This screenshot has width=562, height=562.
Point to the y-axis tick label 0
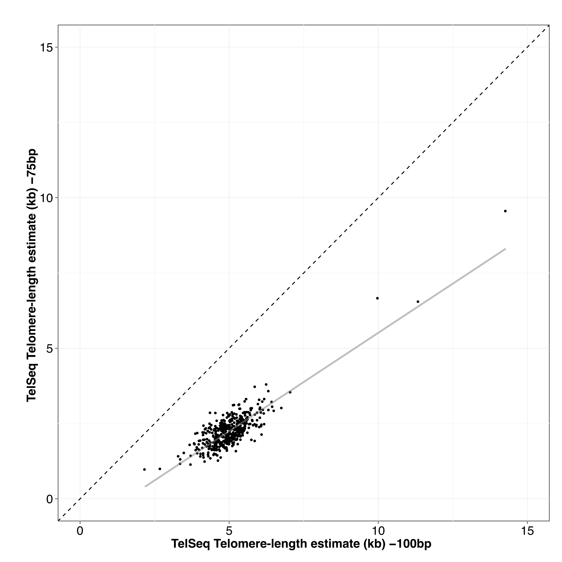click(x=50, y=499)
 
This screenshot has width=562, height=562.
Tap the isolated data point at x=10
click(x=378, y=298)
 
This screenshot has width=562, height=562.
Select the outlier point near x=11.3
click(x=418, y=302)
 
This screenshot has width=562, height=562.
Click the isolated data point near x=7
click(x=290, y=392)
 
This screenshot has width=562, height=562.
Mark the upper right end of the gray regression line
click(x=506, y=249)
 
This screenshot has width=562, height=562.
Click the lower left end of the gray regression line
click(x=145, y=486)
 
